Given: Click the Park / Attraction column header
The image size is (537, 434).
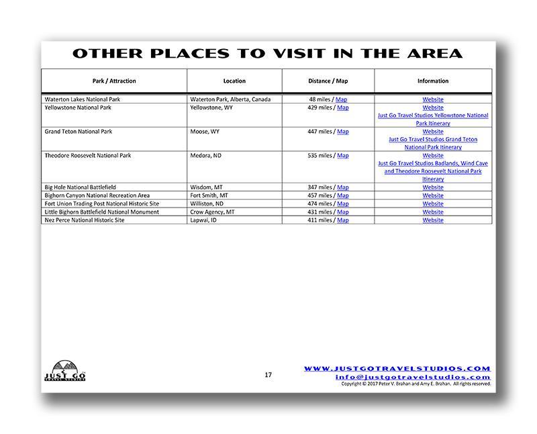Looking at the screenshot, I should point(114,81).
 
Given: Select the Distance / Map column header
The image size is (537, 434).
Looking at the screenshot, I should point(328,81).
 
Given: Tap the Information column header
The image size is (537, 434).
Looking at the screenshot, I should point(433,81).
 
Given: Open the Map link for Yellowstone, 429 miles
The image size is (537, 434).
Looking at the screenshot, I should point(343,107).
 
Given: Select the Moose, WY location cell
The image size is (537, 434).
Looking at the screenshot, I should point(205,132).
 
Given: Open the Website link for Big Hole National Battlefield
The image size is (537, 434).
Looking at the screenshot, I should point(433,187).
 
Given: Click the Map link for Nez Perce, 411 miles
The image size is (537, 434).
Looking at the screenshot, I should point(343,220).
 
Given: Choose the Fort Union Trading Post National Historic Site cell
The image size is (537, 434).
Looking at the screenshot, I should point(102,204).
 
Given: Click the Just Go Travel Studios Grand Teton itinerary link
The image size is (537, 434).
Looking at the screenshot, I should point(433,143).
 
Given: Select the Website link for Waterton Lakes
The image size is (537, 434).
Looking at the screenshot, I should point(433,99).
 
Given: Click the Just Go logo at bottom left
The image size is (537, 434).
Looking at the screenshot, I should point(64,371).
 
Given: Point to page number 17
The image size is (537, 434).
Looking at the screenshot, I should point(268,375).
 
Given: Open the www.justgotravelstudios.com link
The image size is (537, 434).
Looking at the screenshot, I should point(397,368).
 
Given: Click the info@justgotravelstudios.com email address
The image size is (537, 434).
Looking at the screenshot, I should point(413,377).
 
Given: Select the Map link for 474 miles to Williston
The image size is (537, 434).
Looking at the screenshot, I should point(343,204).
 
